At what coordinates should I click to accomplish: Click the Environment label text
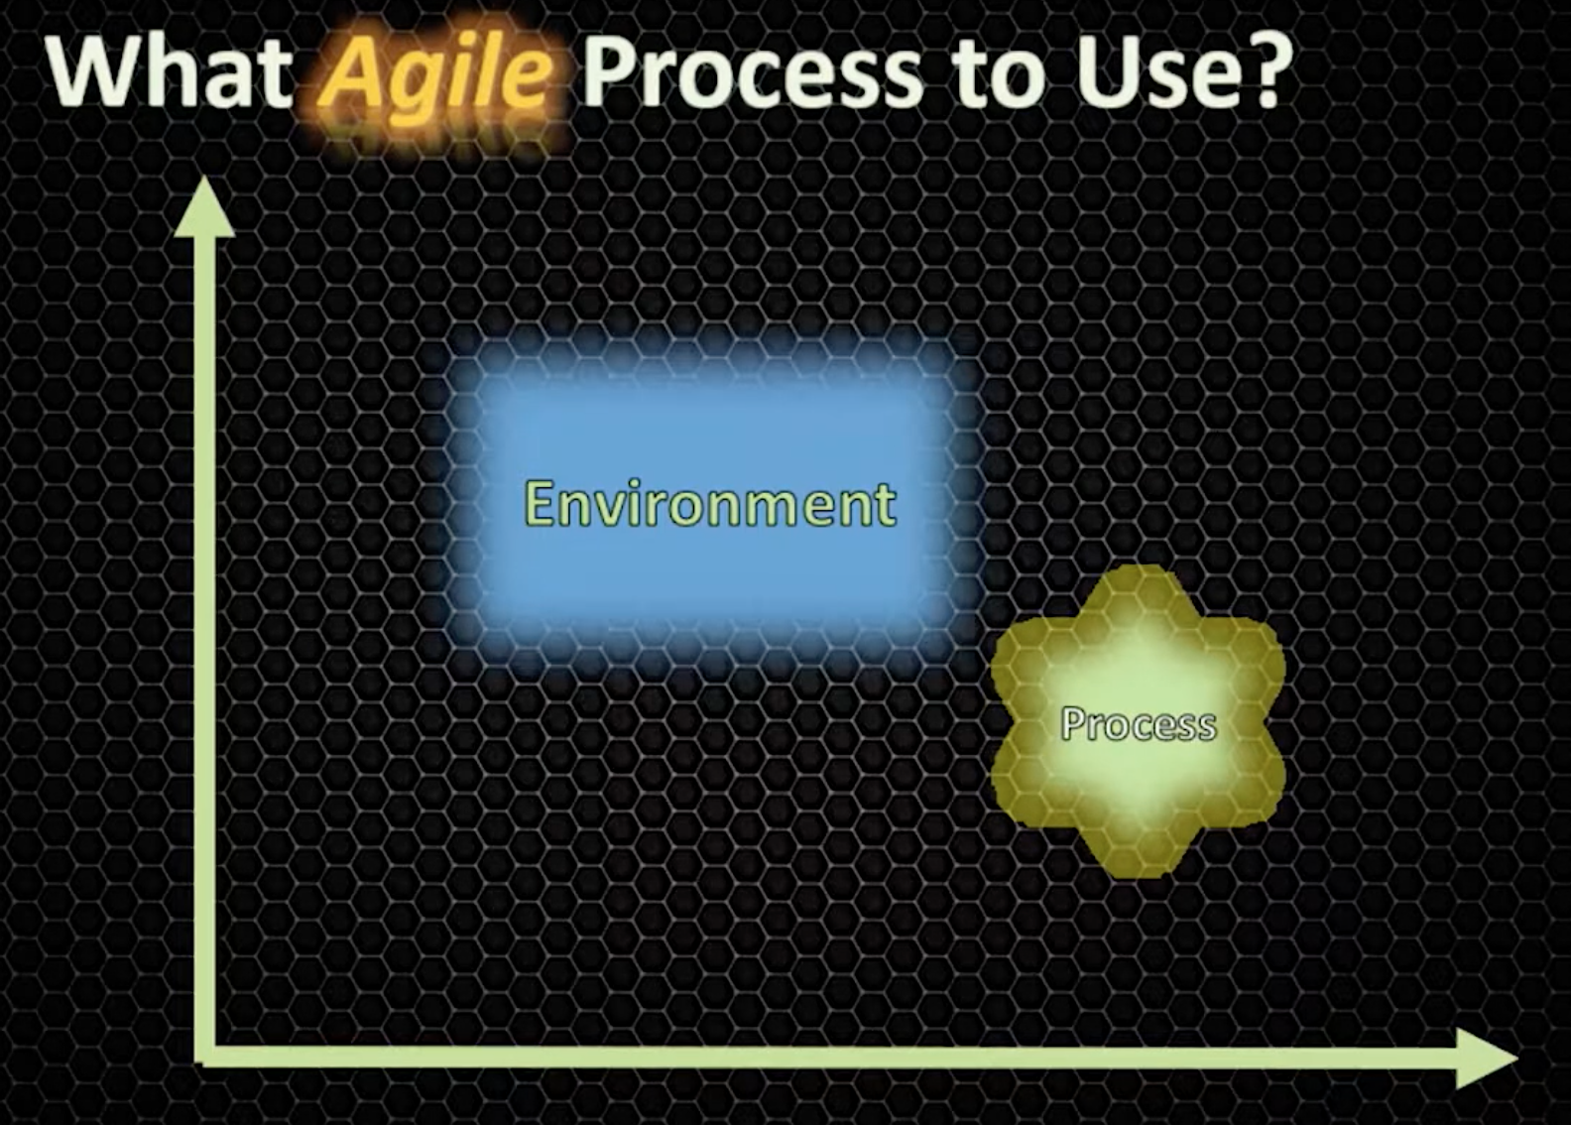tap(710, 504)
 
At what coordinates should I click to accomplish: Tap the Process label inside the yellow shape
tap(1139, 724)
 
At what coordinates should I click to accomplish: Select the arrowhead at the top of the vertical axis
tap(204, 208)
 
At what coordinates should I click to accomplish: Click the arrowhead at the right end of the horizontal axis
tap(1488, 1059)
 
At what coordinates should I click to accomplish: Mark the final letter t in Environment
tap(884, 504)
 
